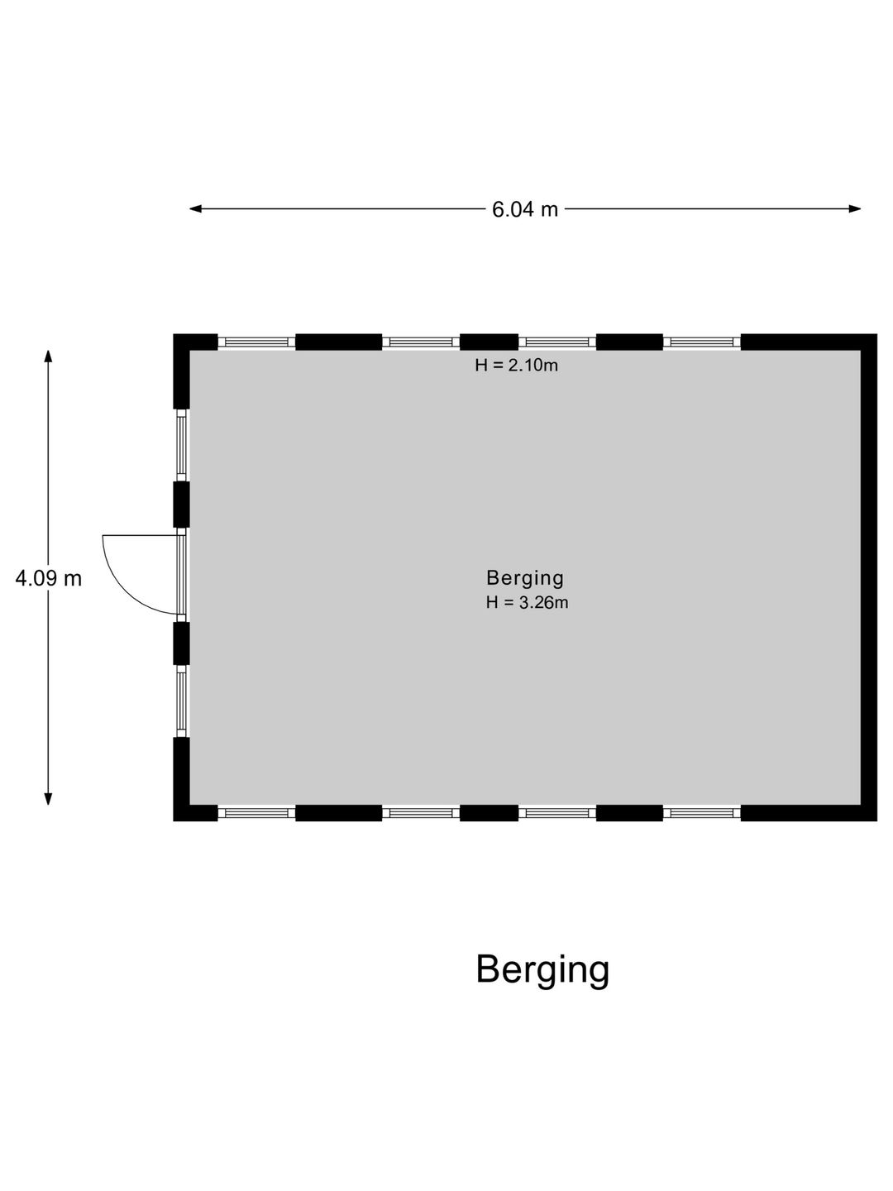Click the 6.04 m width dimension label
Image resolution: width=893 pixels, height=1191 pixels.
524,209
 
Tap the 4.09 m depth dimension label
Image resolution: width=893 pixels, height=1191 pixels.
48,578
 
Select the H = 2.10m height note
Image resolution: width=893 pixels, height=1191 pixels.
516,366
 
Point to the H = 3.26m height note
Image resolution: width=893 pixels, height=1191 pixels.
527,602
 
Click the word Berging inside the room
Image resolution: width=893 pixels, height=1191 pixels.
525,578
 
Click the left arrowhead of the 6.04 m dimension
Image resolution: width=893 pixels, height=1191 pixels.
196,209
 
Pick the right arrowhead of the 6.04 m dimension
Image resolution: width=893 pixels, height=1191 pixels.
854,209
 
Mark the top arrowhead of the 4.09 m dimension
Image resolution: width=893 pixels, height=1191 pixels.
48,356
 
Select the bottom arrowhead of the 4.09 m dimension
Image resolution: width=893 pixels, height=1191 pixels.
48,799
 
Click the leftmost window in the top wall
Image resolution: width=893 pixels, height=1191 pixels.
256,342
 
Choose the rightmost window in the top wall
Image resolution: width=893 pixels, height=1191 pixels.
702,342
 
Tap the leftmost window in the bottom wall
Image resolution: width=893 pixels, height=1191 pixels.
256,813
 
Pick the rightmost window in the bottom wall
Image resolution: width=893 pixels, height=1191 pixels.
702,813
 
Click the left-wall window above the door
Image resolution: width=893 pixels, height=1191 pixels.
182,445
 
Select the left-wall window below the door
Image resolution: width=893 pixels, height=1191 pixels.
182,701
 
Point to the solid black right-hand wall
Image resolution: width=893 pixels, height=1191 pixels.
869,578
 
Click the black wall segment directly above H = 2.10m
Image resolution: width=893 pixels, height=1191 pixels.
489,342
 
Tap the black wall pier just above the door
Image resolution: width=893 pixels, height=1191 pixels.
181,504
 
